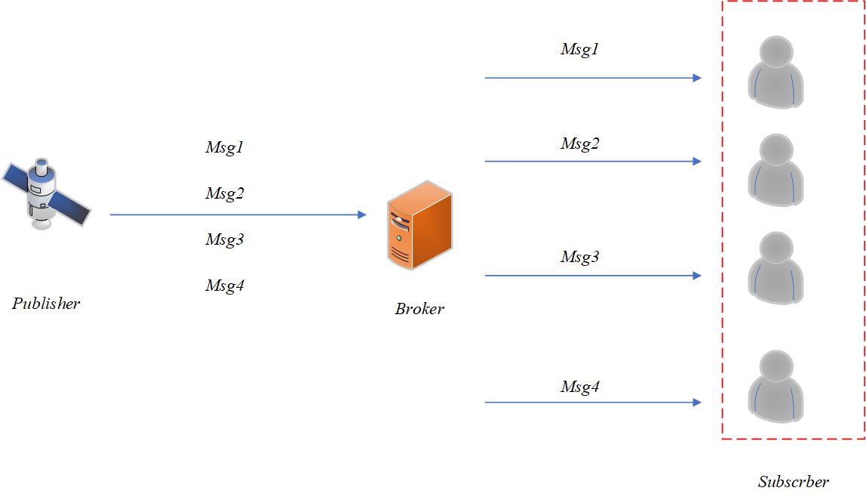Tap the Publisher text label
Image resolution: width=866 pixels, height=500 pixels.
tap(46, 304)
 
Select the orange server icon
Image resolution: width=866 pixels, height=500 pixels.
tap(419, 225)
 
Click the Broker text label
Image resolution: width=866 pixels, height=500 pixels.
tap(419, 309)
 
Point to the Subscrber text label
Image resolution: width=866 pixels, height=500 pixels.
tap(793, 482)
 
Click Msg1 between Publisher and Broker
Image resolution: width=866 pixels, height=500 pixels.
tap(225, 147)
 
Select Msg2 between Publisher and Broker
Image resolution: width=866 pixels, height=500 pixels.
tap(225, 193)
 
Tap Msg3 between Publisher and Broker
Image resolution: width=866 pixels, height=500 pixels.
tap(225, 239)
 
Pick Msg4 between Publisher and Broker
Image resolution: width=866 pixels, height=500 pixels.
tap(225, 285)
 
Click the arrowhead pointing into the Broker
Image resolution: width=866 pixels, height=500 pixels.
tap(361, 215)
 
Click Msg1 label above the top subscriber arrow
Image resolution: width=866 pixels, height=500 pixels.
tap(579, 50)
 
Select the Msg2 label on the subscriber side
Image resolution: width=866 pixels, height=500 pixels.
tap(579, 144)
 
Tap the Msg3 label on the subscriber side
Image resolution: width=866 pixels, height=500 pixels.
tap(579, 257)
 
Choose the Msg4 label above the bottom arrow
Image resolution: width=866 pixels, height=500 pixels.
tap(579, 387)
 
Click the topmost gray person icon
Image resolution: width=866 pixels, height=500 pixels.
tap(775, 73)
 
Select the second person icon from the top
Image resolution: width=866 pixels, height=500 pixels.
tap(775, 170)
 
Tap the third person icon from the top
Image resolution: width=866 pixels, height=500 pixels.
tap(775, 268)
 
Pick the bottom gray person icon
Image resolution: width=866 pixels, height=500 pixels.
tap(775, 386)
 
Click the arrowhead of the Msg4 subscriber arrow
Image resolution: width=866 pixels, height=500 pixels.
tap(697, 403)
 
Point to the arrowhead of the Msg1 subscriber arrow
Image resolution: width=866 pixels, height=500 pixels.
tap(697, 78)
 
